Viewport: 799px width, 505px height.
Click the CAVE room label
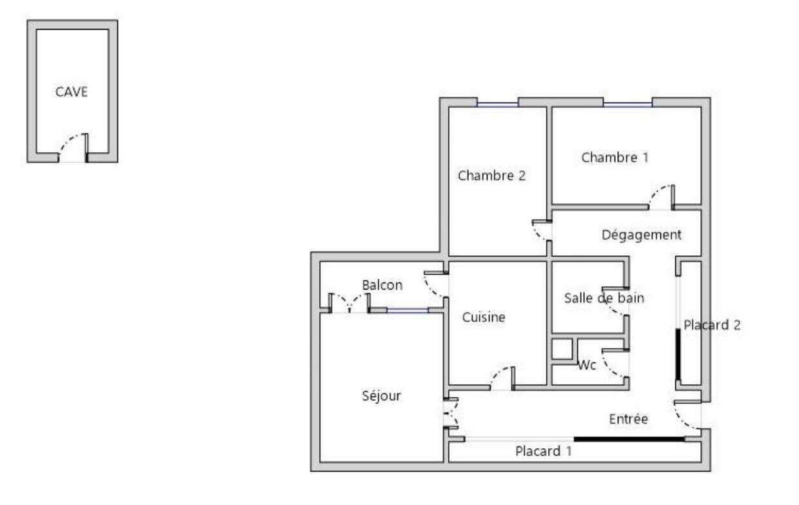[x=72, y=92]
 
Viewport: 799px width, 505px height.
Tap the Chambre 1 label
[x=615, y=157]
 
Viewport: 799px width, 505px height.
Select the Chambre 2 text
[x=491, y=175]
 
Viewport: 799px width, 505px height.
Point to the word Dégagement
[x=642, y=235]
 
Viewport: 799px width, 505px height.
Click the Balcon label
[x=382, y=285]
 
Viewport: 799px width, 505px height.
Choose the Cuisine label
[x=484, y=317]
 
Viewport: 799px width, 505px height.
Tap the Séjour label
[x=381, y=396]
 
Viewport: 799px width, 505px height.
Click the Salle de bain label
[x=604, y=298]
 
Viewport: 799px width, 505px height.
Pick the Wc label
[x=587, y=365]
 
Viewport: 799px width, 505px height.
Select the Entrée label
[x=628, y=419]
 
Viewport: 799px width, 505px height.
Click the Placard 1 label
[x=544, y=451]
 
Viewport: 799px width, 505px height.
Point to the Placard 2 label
[x=712, y=325]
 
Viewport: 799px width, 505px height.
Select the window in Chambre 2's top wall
[x=497, y=104]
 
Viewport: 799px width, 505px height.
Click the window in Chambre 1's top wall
[x=627, y=104]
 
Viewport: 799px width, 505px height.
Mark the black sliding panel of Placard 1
[x=629, y=439]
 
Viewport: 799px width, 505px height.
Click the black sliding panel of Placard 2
[x=678, y=355]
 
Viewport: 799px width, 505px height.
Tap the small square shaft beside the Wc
[x=562, y=349]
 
